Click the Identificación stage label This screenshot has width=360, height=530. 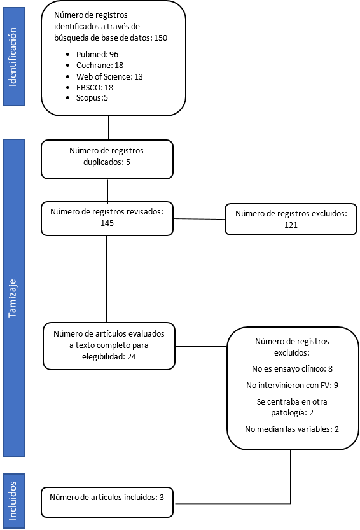[13, 57]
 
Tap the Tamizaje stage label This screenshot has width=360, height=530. [13, 298]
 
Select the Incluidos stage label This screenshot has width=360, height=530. [13, 501]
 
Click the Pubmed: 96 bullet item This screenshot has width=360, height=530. [97, 55]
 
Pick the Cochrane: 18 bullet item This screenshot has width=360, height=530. [100, 66]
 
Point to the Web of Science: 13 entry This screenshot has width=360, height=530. [109, 77]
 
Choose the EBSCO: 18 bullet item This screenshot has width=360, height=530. [95, 88]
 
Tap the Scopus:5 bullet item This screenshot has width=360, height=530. [92, 98]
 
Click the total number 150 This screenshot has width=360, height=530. [160, 38]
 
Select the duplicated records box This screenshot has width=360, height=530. [107, 159]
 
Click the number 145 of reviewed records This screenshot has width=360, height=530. [107, 223]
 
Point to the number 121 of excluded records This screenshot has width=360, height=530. [291, 225]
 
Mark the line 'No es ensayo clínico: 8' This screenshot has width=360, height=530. [292, 369]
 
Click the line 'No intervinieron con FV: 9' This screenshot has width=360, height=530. [292, 386]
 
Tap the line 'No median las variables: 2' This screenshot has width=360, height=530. [292, 429]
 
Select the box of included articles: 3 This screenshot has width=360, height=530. [107, 502]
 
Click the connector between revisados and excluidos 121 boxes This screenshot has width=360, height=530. [199, 219]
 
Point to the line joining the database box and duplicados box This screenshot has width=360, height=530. [109, 128]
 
